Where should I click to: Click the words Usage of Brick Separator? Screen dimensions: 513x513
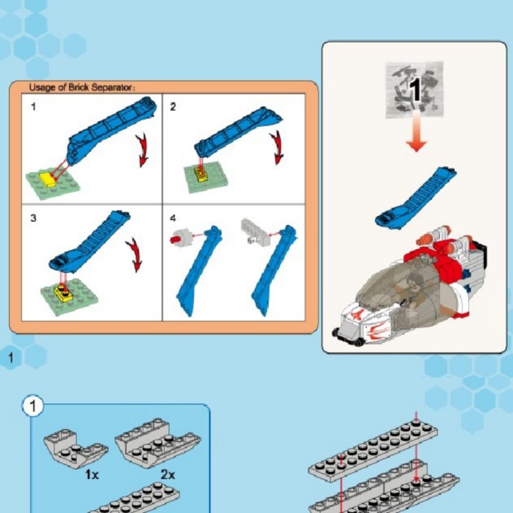click(82, 88)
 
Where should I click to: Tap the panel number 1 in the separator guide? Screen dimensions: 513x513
click(33, 106)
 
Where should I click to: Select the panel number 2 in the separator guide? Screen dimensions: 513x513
click(172, 106)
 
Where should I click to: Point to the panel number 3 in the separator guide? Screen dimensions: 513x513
click(33, 218)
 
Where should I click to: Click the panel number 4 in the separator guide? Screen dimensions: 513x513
click(172, 218)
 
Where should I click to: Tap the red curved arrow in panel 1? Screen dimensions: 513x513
click(142, 150)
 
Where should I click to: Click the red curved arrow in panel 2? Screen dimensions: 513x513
click(278, 147)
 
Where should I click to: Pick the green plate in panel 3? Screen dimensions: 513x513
click(69, 297)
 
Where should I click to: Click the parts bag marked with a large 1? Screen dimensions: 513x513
click(414, 90)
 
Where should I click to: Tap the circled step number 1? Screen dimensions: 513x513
click(33, 406)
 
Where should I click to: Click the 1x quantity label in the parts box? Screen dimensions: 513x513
click(92, 475)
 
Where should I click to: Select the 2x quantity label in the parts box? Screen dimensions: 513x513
click(167, 475)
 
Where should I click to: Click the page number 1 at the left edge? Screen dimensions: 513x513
click(11, 358)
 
